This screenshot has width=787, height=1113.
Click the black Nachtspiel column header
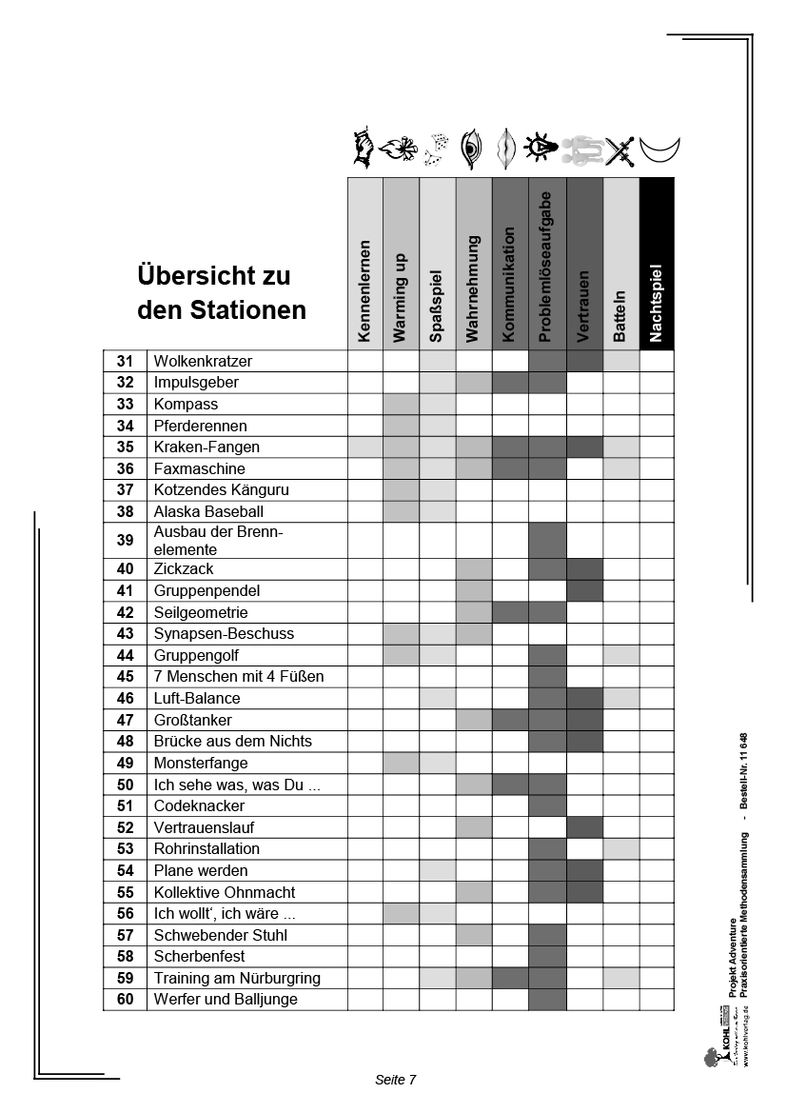click(657, 264)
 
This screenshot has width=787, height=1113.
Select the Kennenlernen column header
click(364, 264)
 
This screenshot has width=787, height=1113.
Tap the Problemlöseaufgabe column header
click(547, 264)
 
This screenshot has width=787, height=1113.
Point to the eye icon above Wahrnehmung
click(471, 148)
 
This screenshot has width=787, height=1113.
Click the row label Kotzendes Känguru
click(221, 490)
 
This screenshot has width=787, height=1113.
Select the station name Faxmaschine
click(199, 468)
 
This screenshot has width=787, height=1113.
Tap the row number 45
click(125, 677)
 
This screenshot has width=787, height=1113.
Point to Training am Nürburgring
click(237, 978)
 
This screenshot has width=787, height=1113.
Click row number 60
click(125, 1000)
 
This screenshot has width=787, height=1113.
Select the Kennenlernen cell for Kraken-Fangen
click(364, 447)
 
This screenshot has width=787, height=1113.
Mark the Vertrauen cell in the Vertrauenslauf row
click(584, 827)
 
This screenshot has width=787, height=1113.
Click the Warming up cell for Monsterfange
click(401, 763)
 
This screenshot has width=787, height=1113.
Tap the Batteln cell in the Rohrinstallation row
click(620, 848)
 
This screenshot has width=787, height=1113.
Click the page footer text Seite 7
click(396, 1080)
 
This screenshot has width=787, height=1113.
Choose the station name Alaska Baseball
click(208, 511)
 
